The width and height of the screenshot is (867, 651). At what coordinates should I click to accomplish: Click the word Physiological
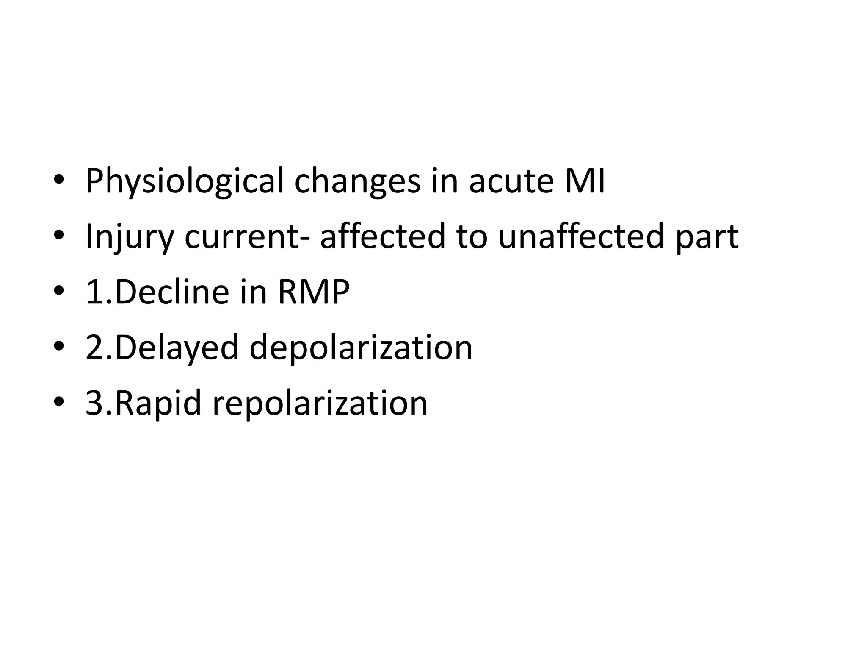pyautogui.click(x=184, y=181)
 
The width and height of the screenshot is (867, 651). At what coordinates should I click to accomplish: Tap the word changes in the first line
pyautogui.click(x=358, y=181)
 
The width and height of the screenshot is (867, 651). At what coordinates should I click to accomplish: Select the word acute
pyautogui.click(x=511, y=181)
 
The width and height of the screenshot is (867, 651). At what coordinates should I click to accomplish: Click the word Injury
pyautogui.click(x=130, y=237)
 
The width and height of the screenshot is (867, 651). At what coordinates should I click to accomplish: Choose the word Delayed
pyautogui.click(x=177, y=348)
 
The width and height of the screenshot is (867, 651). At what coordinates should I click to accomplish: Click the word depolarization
pyautogui.click(x=361, y=348)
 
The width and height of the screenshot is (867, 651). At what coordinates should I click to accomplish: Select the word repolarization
pyautogui.click(x=320, y=403)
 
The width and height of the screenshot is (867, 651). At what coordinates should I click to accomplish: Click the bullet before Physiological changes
pyautogui.click(x=59, y=181)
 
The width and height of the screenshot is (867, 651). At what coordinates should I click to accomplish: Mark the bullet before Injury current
pyautogui.click(x=59, y=237)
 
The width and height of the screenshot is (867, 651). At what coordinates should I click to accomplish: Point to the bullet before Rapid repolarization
pyautogui.click(x=59, y=403)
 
